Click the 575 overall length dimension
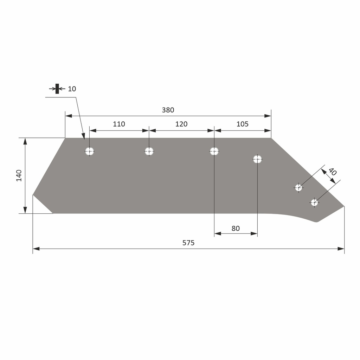tap(188, 243)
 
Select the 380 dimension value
tap(168, 110)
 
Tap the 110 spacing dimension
tap(119, 124)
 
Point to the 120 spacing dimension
tap(181, 124)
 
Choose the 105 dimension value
tap(242, 124)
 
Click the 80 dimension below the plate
tap(236, 229)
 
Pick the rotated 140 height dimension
tap(19, 175)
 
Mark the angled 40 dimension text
tap(333, 172)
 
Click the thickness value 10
tap(72, 89)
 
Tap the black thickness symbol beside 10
tap(57, 89)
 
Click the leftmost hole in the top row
tap(90, 152)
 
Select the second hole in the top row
tap(149, 152)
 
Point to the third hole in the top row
tap(214, 152)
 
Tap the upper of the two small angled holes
tap(298, 188)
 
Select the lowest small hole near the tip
tap(314, 202)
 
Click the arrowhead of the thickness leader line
tap(83, 136)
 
